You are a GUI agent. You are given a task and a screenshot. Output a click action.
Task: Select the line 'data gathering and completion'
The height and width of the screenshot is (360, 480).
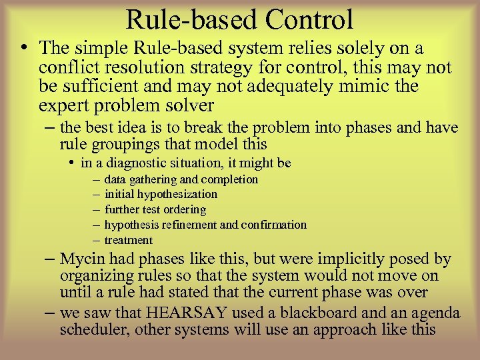coord(181,179)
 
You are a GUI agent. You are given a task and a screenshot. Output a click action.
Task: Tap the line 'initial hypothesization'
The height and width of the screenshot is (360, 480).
coord(161,195)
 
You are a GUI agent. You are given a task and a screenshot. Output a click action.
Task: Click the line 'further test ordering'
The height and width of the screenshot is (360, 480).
coord(155,210)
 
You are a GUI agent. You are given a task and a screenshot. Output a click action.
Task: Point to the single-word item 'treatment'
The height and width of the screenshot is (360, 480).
coord(129,241)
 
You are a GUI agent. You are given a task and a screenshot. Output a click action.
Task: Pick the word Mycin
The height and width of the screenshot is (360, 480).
coord(81,259)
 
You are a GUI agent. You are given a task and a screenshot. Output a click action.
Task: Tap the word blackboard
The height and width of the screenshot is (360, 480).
coord(326,313)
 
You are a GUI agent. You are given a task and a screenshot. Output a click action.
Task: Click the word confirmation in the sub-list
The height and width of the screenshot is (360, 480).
coord(275,225)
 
